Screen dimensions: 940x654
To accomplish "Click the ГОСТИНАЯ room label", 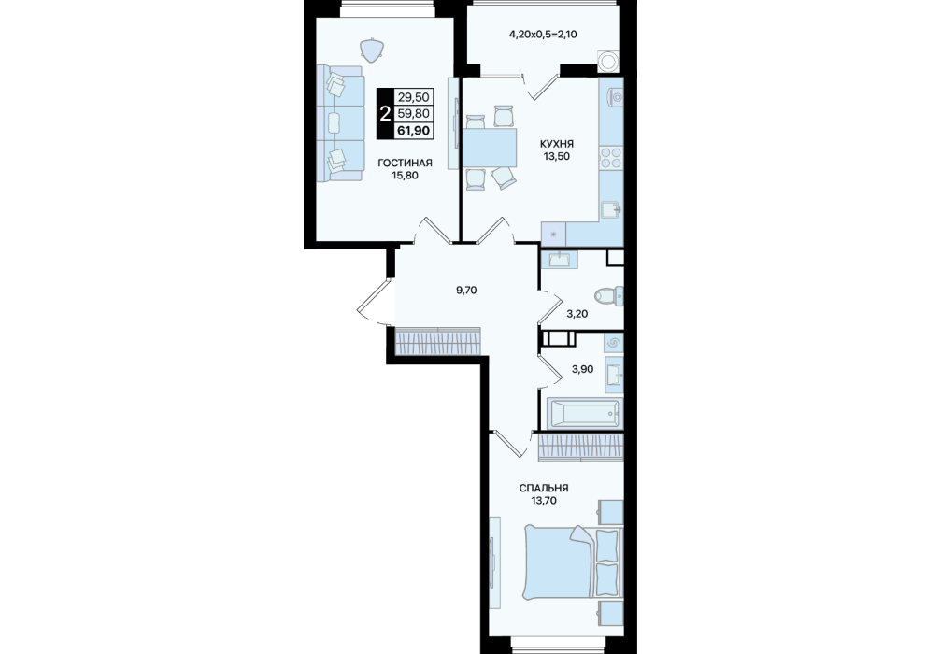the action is pos(405,163).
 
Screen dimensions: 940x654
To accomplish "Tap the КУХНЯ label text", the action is pos(556,144).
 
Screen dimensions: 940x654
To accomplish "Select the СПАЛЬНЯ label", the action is pos(544,488).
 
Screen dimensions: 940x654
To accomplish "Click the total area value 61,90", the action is pos(413,130).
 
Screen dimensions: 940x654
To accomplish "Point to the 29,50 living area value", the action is pos(413,97).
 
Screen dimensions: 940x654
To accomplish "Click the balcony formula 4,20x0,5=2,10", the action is pos(543,35).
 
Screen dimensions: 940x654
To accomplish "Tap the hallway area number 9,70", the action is pos(466,291).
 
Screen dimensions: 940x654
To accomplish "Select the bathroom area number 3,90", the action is pos(582,369).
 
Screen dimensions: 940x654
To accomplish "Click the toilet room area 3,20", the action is pos(577,314).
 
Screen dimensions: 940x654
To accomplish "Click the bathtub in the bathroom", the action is pos(585,413).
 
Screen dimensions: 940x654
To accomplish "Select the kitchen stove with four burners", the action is pos(611,157).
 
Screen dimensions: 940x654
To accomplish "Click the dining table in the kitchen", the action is pos(490,148).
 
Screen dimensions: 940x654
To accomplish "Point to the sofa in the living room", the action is pos(340,123).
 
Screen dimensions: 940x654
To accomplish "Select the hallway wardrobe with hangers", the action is pos(437,342).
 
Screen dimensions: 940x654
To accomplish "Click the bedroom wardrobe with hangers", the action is pos(581,448).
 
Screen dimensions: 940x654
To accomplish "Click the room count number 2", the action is pos(385,113).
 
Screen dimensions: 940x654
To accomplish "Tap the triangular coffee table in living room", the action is pos(372,50).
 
